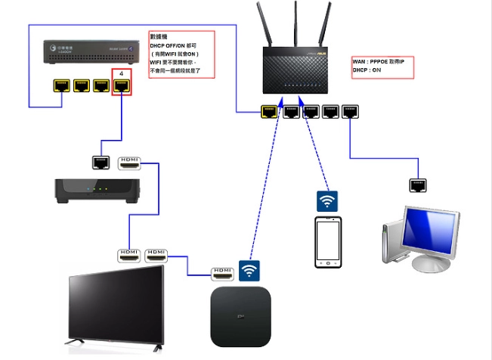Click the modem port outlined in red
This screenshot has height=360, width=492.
(x=121, y=86)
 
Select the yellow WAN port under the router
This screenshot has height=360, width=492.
(x=268, y=112)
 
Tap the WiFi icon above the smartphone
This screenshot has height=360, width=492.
(x=326, y=201)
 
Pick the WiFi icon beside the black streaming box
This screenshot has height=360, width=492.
(x=249, y=271)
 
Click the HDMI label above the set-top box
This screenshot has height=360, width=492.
(x=130, y=161)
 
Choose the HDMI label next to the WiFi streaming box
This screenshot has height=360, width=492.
(x=222, y=271)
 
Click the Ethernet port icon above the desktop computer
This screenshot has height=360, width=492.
(x=416, y=185)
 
